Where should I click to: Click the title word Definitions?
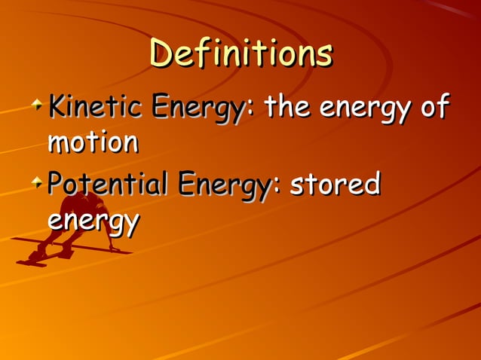click(x=240, y=53)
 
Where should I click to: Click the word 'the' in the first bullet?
click(x=284, y=108)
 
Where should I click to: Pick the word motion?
click(x=93, y=142)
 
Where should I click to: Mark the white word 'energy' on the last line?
click(x=93, y=222)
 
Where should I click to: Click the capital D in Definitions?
click(x=161, y=53)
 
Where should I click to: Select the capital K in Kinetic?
click(x=56, y=108)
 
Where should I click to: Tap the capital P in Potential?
click(x=54, y=183)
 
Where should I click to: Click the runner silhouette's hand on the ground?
click(x=115, y=249)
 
